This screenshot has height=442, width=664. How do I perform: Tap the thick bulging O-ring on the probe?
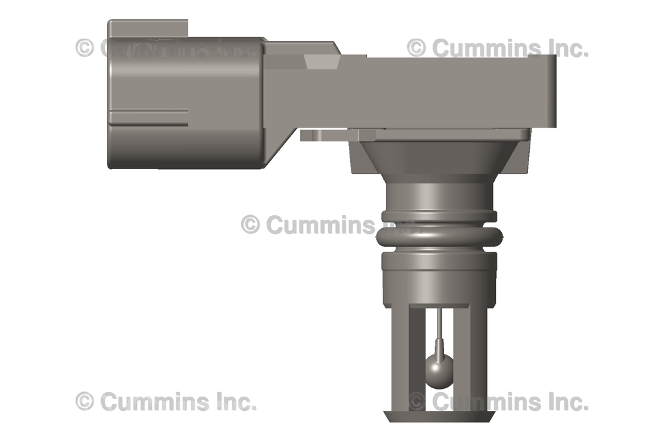[438, 238]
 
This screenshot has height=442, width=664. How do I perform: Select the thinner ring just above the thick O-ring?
[439, 216]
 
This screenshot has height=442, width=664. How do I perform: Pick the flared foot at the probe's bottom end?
[439, 416]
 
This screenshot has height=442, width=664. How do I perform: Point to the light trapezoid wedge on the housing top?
[322, 61]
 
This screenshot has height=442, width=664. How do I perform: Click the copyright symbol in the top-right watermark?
[416, 47]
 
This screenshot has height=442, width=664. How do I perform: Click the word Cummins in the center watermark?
[320, 225]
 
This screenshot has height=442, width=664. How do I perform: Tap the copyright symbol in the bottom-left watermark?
[85, 401]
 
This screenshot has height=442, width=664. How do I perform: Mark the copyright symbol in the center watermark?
[250, 224]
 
